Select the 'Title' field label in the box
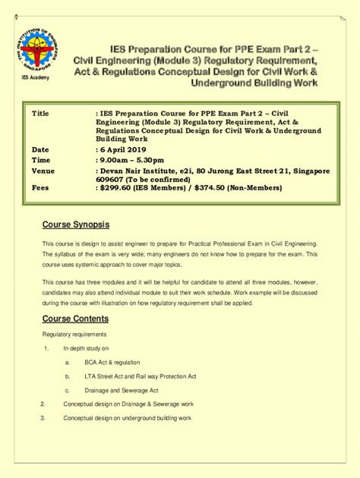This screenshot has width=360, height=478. pos(40,113)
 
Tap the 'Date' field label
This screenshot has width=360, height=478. pos(40,149)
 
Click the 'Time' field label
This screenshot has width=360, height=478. pos(41,161)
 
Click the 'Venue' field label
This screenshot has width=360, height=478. pos(43,171)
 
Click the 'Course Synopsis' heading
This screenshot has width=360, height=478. pos(76,225)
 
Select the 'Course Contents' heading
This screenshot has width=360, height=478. pos(75,319)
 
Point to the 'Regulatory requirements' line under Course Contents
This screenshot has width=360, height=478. pos(74,335)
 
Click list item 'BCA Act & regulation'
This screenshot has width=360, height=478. pos(112,363)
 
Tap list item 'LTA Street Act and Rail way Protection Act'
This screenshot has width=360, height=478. pos(141,376)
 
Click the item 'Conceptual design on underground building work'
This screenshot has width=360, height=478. pos(127,418)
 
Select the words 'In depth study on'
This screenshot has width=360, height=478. pos(87,348)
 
